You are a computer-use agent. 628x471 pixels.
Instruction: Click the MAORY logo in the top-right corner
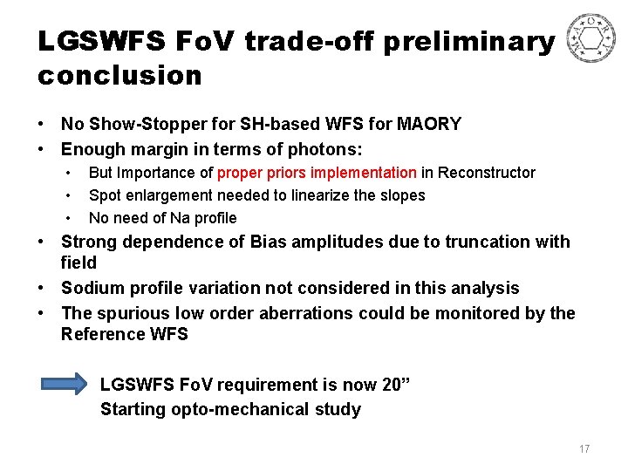click(x=590, y=39)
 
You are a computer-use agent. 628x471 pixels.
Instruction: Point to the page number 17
click(x=584, y=449)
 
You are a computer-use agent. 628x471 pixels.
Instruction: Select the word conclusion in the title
click(x=119, y=76)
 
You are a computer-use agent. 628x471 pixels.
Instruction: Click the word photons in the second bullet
click(x=322, y=149)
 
